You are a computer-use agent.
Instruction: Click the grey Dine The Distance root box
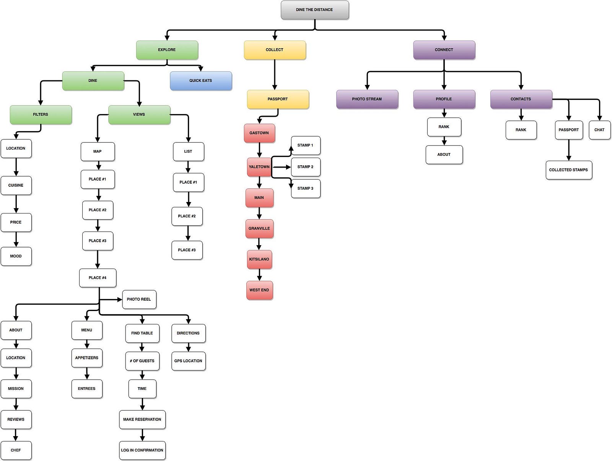314,10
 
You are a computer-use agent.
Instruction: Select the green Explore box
167,50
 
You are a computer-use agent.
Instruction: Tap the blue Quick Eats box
200,81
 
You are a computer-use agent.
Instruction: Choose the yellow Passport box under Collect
277,99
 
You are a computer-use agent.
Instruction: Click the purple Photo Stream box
367,99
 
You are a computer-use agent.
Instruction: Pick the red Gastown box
259,133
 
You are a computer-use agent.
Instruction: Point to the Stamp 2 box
305,167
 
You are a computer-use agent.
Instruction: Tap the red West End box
259,290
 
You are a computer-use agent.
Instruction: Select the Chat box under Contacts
599,130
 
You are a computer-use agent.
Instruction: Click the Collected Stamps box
568,170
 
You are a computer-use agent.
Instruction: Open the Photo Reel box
139,299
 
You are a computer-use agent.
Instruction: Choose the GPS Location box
188,361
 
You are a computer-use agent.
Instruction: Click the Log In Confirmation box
142,450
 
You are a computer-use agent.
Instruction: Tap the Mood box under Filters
16,256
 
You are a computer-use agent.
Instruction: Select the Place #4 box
98,278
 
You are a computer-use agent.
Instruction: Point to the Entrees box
86,389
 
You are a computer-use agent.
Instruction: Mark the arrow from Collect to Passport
275,75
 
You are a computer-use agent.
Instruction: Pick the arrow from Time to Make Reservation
142,404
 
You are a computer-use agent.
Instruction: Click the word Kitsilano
259,259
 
